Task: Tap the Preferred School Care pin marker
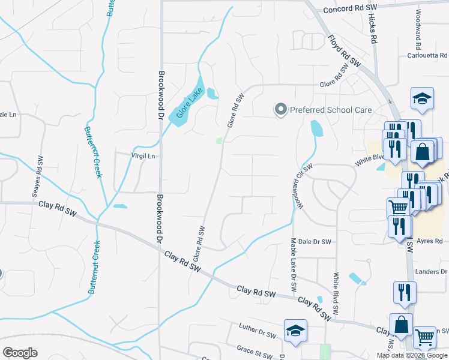(x=280, y=109)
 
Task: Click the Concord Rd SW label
(x=349, y=10)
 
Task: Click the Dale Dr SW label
(x=315, y=241)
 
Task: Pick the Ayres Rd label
(x=430, y=241)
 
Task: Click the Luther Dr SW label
(x=257, y=330)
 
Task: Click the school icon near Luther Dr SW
(x=294, y=332)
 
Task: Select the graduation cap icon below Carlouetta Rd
(x=422, y=99)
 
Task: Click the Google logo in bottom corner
(x=20, y=353)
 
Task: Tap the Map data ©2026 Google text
(x=411, y=355)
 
